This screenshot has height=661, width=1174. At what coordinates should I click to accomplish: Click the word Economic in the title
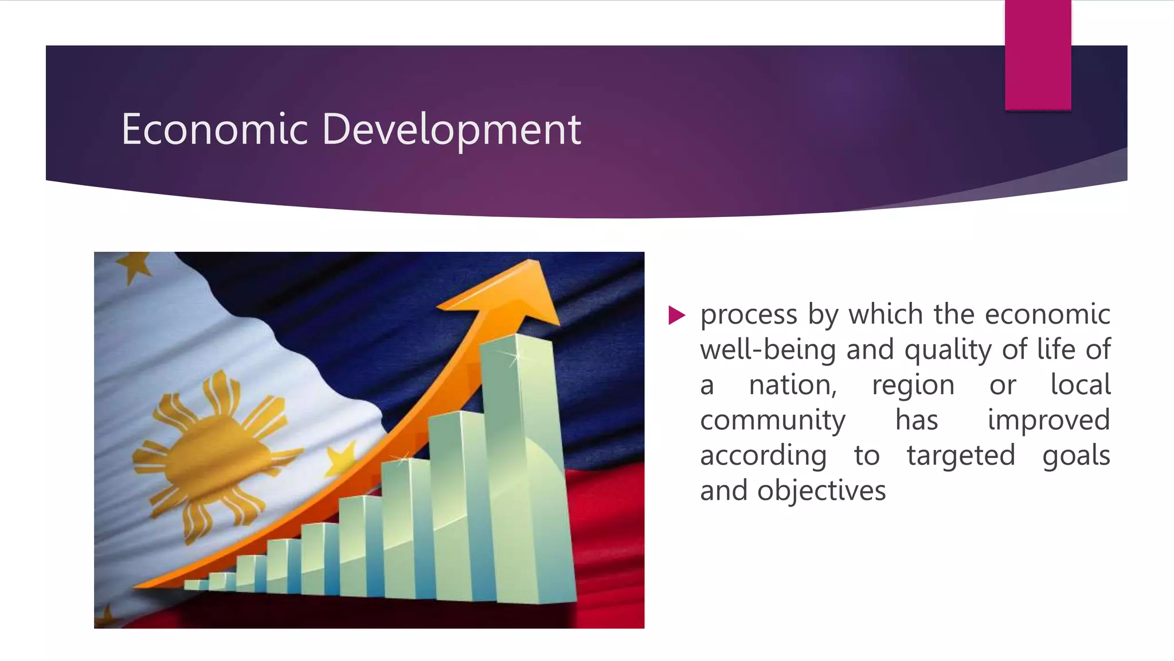pyautogui.click(x=215, y=130)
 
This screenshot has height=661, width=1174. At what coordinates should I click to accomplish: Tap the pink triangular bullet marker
pyautogui.click(x=676, y=315)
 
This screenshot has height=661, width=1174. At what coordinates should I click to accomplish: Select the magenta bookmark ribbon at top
pyautogui.click(x=1038, y=55)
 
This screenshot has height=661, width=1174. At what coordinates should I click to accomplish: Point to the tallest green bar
pyautogui.click(x=525, y=471)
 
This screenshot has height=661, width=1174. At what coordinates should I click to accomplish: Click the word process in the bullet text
pyautogui.click(x=749, y=315)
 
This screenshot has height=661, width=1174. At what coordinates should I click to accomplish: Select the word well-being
pyautogui.click(x=768, y=350)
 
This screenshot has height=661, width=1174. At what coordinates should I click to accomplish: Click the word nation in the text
pyautogui.click(x=793, y=385)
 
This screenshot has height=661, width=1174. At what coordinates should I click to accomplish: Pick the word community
pyautogui.click(x=772, y=421)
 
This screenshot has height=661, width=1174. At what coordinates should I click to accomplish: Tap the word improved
pyautogui.click(x=1048, y=421)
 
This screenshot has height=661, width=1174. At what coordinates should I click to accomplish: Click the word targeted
pyautogui.click(x=961, y=456)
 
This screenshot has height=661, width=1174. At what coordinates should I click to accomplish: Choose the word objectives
pyautogui.click(x=821, y=491)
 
